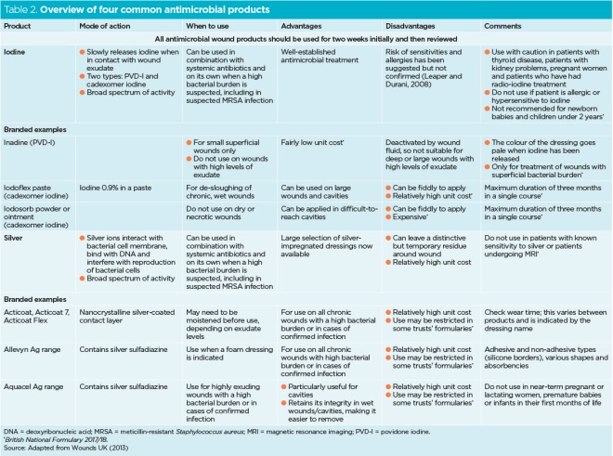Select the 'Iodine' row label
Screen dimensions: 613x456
coord(16,52)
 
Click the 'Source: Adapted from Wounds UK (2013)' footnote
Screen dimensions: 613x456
coord(60,449)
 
